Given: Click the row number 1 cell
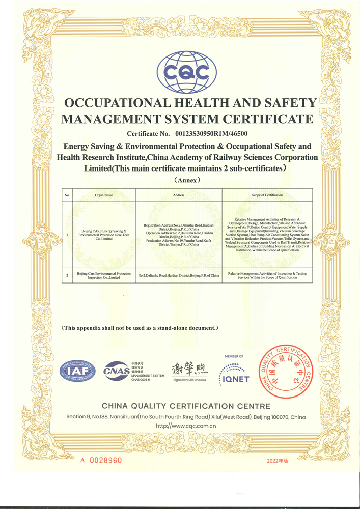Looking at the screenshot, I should pos(68,235).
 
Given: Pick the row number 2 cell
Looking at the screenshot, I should pos(68,275).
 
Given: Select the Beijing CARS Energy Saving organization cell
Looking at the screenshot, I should pos(104,235).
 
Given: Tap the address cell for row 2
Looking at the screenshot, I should pos(179,275).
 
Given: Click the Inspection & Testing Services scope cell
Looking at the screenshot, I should pos(267,275).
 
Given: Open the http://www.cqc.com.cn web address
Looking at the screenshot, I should pos(186,426).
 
